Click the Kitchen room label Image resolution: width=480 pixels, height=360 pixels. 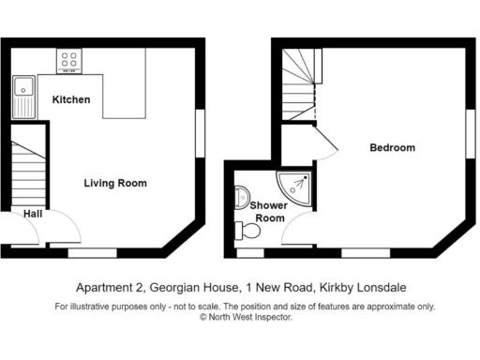pos(70,99)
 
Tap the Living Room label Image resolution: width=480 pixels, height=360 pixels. pos(115,183)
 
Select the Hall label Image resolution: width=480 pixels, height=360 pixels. pos(32,212)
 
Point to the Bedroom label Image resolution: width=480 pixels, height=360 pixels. pos(392,148)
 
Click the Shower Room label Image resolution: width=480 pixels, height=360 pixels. pos(270,211)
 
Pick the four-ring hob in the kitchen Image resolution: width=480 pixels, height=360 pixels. pos(68,61)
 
